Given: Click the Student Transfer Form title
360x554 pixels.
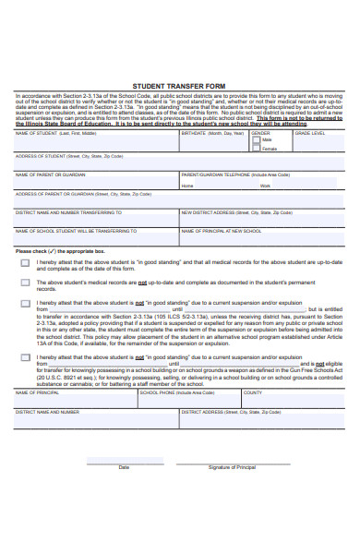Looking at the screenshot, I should [180, 82].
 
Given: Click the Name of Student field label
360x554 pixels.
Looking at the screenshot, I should [55, 133].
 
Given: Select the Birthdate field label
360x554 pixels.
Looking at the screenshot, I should [212, 133].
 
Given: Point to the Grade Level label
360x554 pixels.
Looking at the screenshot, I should [310, 133].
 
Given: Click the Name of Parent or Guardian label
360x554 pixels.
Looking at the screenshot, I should [50, 174].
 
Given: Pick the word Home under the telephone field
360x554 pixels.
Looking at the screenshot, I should [187, 186].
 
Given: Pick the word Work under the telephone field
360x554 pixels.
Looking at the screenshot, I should [265, 186].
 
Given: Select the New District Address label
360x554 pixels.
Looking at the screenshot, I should [230, 212].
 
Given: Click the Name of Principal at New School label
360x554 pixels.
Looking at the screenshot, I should [221, 231].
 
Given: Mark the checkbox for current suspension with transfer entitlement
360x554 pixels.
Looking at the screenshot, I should [25, 303].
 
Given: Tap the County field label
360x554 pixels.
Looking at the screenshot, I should [253, 392].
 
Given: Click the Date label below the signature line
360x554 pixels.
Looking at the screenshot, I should [124, 467].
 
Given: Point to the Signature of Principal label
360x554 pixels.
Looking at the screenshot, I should [232, 467].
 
